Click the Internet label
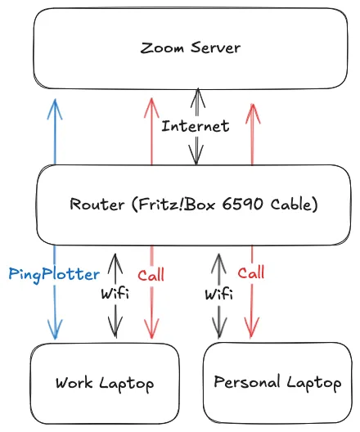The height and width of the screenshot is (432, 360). click(195, 127)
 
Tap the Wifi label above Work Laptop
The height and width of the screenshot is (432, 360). click(115, 292)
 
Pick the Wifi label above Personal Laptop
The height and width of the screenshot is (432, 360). click(217, 292)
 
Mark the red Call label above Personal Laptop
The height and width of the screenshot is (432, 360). click(251, 272)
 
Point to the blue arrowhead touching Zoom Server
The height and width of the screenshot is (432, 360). click(55, 104)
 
